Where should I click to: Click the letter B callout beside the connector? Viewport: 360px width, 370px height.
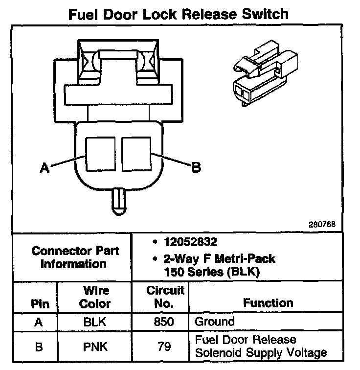coord(196,168)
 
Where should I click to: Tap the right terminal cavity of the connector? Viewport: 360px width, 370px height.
coord(136,154)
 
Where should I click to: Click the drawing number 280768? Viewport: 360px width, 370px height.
coord(322,225)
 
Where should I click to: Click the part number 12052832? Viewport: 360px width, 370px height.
coord(190,242)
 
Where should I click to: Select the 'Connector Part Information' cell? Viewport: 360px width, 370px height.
coord(75,257)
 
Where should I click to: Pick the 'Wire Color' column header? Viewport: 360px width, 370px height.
coord(95,297)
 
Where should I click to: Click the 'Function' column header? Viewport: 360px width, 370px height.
coord(268,303)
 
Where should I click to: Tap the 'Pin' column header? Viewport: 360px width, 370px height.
coord(40,303)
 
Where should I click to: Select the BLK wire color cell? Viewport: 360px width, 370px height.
coord(95,322)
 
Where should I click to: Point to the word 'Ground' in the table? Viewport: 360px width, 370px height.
coord(215,322)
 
